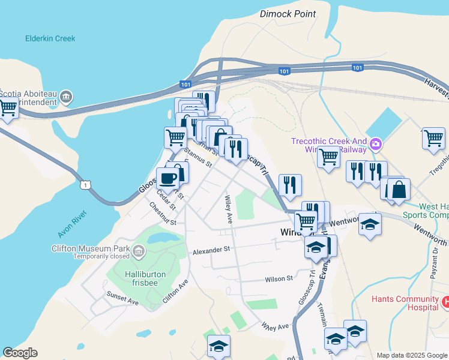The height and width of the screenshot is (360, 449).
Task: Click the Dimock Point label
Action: point(288,14)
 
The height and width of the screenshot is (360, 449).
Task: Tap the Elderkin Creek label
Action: point(50,38)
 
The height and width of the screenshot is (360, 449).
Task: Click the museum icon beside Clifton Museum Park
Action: point(139,250)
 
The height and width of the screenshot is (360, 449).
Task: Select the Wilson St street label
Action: point(279,278)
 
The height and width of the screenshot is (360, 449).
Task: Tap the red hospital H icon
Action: point(445,302)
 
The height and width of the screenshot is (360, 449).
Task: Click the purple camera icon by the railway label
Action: point(376,143)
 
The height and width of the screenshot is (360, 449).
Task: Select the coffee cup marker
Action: point(167,178)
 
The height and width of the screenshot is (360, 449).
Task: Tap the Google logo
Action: point(20,353)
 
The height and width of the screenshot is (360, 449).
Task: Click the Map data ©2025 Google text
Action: point(411,355)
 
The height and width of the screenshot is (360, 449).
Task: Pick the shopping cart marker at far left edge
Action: point(7,109)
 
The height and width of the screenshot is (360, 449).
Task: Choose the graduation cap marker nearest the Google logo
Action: point(218,346)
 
